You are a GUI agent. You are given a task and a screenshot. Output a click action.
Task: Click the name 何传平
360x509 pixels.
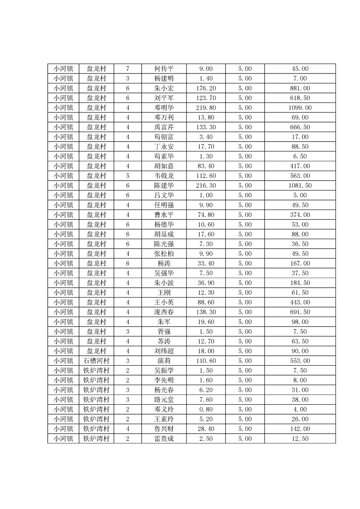click(x=164, y=69)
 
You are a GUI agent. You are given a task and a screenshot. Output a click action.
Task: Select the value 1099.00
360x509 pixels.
click(x=300, y=108)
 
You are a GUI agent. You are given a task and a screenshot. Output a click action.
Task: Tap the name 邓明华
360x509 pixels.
click(x=164, y=108)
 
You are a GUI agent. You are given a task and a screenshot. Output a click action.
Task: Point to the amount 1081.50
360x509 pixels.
click(x=300, y=186)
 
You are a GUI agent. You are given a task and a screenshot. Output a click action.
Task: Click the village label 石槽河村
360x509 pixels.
click(x=96, y=361)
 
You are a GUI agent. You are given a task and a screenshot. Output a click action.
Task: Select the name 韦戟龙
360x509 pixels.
click(x=164, y=176)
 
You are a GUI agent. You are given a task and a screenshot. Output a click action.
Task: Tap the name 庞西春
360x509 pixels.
click(x=164, y=312)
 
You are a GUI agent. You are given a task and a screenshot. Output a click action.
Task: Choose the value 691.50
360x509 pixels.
click(x=300, y=312)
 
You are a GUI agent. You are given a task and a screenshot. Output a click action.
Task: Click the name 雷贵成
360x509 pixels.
click(x=164, y=439)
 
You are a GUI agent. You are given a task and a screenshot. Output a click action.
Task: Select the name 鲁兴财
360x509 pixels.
click(x=164, y=429)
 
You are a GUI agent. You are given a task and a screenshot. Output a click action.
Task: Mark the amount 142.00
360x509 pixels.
click(x=300, y=429)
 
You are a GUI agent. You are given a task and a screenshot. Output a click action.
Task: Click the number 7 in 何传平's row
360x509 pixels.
click(x=128, y=69)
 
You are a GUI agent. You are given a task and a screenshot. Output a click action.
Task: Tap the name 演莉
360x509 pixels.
click(x=164, y=361)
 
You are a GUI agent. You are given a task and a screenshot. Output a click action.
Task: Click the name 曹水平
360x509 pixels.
click(x=164, y=215)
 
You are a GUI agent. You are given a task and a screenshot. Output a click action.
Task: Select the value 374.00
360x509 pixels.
click(x=300, y=215)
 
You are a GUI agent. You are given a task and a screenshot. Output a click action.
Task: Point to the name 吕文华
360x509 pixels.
click(x=164, y=196)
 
